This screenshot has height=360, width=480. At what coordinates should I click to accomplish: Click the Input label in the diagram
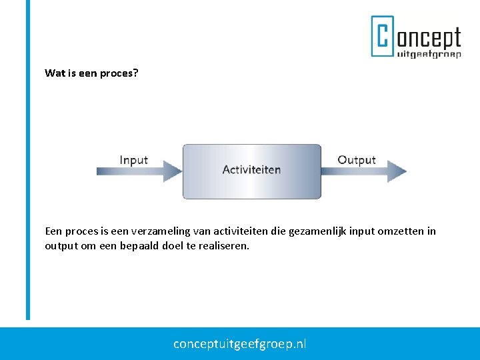pos(133,160)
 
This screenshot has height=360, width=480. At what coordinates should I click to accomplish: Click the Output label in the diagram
pos(357,160)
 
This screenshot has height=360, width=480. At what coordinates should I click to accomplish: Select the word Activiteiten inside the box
pos(251,170)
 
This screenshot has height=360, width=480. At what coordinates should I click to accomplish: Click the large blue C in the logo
pos(382,36)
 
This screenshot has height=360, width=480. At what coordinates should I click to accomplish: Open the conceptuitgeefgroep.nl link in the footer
pos(240,344)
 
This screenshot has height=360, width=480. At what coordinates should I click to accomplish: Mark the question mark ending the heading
pos(136,73)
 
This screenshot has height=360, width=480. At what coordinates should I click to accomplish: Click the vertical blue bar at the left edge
pos(28,160)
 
